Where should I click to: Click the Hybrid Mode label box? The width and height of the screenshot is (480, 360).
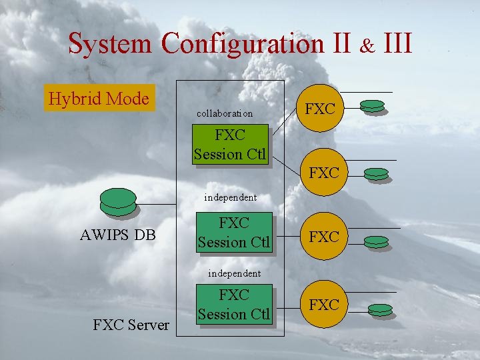point(99,99)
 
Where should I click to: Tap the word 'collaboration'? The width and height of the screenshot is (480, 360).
point(225,113)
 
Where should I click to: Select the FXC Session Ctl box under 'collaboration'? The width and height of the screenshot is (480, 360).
point(230,145)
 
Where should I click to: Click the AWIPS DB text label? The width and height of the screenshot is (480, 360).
point(117,235)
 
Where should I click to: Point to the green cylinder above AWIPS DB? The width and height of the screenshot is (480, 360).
point(117,202)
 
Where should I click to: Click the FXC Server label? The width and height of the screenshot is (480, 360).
point(131,325)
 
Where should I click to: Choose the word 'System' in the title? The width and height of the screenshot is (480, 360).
point(111,44)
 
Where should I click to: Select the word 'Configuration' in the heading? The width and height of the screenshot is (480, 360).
point(242,44)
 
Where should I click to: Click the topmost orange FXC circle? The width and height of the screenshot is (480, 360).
point(319,109)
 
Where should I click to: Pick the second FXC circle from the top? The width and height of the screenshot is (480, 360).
point(324,173)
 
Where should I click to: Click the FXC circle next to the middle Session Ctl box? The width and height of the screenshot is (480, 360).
point(324,237)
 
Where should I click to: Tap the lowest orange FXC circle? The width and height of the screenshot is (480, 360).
point(324,305)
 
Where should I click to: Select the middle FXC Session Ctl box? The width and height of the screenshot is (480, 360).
point(234,233)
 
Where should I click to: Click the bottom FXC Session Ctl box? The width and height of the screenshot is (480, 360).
point(234,304)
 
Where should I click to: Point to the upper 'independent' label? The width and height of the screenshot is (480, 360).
point(230,197)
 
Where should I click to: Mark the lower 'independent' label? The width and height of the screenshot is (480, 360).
point(234,273)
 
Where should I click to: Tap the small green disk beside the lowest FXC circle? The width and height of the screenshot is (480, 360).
point(380,309)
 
